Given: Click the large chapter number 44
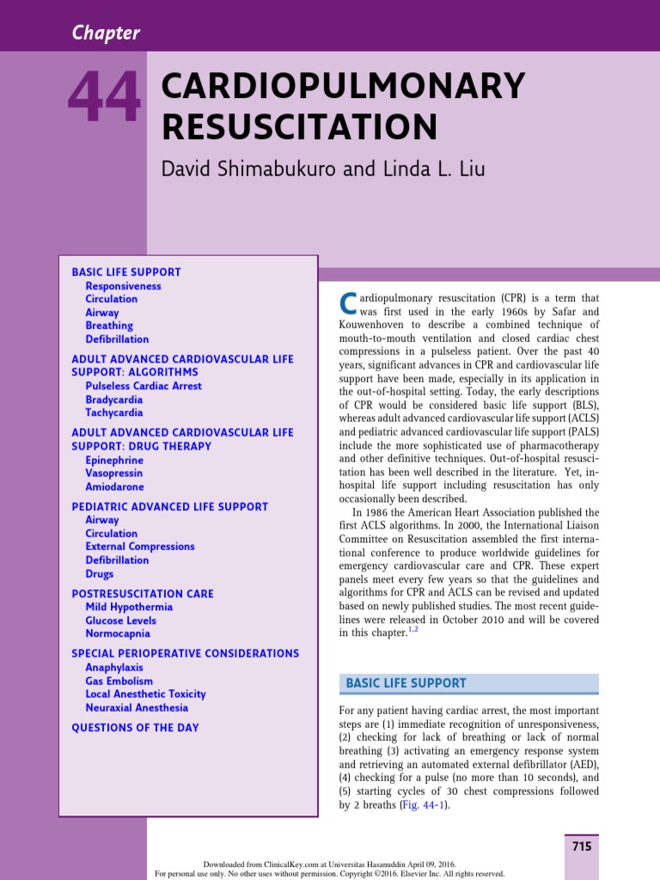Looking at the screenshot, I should coord(104,97).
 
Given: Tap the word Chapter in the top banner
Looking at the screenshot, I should coord(106,34).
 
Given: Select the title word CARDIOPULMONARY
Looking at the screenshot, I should coord(343,86).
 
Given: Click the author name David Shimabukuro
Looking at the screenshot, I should coord(250,168).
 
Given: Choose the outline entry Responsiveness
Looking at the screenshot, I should coord(123,286).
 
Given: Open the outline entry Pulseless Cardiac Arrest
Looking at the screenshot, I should coord(144,386).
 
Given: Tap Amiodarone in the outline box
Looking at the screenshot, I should coord(115,486).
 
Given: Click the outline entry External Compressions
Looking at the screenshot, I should coord(140,547).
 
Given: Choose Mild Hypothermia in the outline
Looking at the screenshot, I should coord(129,607).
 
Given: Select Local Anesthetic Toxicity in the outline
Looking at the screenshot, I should coord(145,694).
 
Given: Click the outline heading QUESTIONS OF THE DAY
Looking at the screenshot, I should coord(135,728).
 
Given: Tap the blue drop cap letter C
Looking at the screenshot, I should coord(348,302).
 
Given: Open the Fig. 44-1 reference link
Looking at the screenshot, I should coord(424,805).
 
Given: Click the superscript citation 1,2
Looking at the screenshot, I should coord(412,630).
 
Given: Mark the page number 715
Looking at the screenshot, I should coord(582,846).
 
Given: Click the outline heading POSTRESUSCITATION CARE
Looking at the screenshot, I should coord(143,594).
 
